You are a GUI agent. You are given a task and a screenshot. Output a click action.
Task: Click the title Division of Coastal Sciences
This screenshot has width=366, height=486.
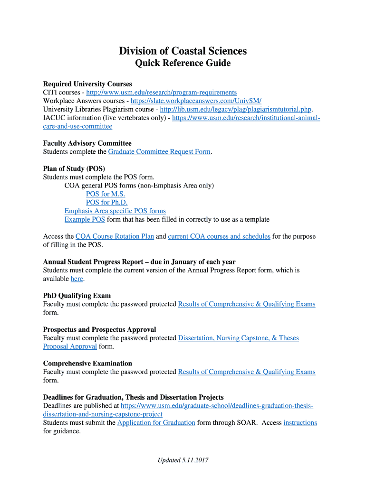point(183,51)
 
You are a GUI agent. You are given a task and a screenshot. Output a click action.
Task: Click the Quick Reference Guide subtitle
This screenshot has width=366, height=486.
point(183,63)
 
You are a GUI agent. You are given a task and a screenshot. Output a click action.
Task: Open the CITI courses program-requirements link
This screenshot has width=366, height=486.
point(161,92)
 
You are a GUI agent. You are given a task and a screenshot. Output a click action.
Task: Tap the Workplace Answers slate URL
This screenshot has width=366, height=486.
point(196,101)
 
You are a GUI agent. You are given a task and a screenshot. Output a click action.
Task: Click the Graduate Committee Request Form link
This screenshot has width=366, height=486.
point(159,152)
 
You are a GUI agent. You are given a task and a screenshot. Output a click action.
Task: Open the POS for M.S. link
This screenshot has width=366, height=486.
point(106,194)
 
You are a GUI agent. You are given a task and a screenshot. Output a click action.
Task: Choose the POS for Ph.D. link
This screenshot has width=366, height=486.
point(107,203)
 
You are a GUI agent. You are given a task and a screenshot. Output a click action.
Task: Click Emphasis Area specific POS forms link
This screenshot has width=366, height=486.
point(115,211)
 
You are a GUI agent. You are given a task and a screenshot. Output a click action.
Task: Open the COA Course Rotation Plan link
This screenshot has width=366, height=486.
point(115,236)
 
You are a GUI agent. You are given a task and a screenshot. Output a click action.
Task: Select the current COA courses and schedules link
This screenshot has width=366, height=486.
point(219,236)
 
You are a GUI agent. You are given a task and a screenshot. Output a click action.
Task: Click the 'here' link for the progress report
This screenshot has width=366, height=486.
point(77,279)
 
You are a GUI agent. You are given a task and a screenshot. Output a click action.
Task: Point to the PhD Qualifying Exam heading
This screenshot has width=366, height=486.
point(77,296)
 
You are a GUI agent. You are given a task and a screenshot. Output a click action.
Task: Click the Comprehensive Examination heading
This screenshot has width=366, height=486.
point(87,364)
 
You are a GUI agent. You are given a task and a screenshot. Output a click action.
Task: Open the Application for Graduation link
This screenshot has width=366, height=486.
point(156,423)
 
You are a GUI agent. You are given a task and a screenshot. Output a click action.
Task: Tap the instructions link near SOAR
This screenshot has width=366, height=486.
point(300,423)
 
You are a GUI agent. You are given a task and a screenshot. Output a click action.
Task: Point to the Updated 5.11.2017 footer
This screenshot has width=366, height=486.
point(183,460)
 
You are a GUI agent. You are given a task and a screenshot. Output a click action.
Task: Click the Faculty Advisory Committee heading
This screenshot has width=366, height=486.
point(87,143)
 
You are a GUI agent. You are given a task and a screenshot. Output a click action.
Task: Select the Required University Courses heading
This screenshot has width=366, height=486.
point(87,84)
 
